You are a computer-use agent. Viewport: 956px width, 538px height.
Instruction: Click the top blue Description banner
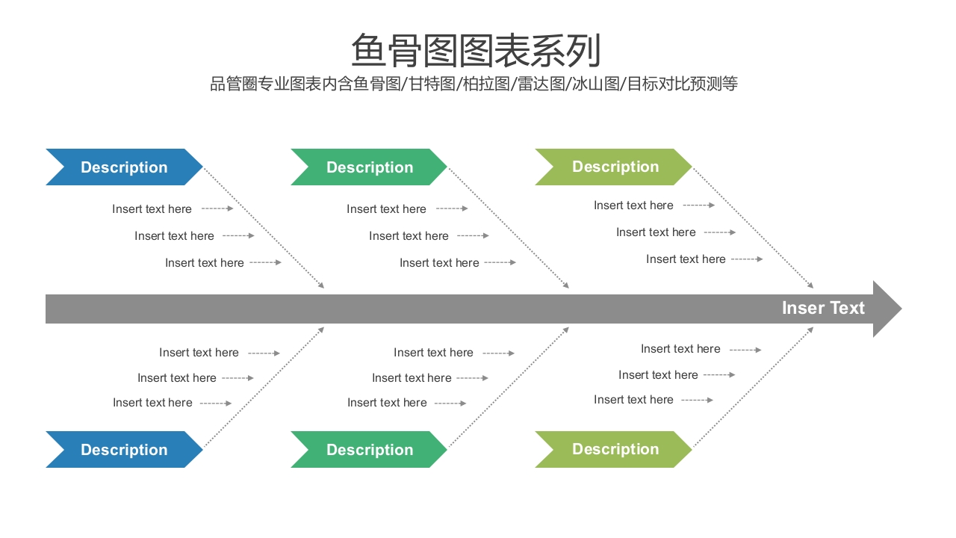click(124, 167)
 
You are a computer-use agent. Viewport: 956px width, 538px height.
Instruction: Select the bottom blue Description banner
click(124, 450)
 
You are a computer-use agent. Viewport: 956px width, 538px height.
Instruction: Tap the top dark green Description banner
click(369, 167)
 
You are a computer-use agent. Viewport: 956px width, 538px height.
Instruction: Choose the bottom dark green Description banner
click(369, 450)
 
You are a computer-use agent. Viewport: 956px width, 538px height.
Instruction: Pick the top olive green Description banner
click(614, 167)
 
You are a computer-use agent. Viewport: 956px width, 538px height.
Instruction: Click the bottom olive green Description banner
click(614, 449)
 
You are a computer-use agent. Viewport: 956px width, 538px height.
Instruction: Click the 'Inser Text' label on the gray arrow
click(822, 308)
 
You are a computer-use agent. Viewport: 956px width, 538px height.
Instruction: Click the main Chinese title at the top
click(476, 51)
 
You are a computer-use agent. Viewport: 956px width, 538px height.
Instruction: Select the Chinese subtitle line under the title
click(474, 84)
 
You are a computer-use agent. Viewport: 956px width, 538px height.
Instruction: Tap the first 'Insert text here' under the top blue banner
click(152, 209)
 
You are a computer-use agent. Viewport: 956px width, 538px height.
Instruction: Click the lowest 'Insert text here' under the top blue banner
click(204, 263)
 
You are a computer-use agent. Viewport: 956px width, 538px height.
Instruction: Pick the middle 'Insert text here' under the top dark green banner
click(409, 236)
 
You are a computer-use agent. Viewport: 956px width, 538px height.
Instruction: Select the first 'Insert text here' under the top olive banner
click(633, 205)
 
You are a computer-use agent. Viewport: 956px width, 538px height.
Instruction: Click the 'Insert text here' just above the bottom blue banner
click(152, 403)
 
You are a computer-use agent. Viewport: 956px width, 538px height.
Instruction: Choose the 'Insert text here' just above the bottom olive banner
click(633, 400)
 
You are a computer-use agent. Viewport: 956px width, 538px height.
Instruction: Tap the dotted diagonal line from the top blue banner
click(263, 227)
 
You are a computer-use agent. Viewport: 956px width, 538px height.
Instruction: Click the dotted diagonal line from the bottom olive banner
click(753, 387)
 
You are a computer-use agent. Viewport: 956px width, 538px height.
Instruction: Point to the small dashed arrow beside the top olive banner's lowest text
click(747, 259)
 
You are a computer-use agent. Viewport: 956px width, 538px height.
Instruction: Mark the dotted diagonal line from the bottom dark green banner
click(508, 387)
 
